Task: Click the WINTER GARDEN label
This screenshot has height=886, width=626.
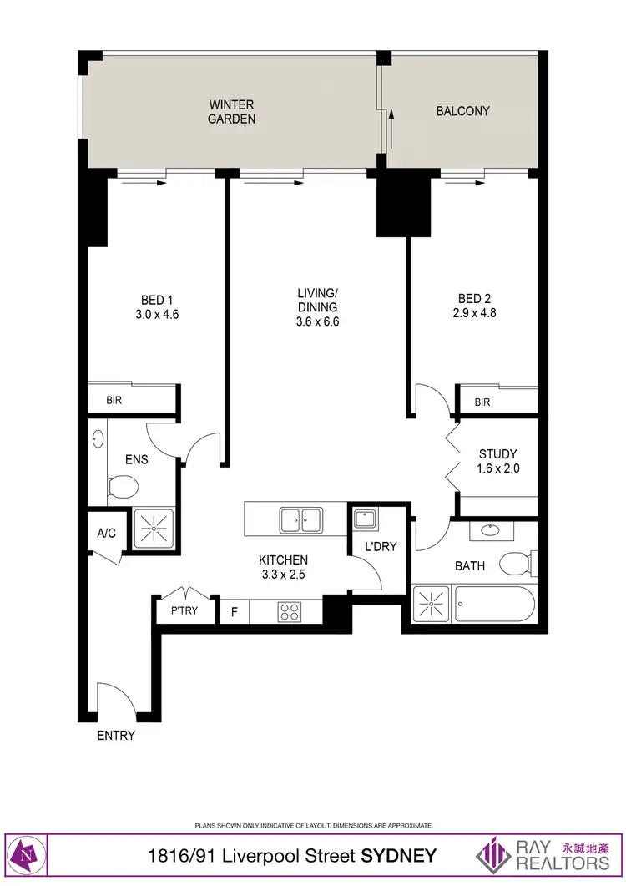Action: pos(231,112)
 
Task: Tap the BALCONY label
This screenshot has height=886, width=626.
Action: pos(462,110)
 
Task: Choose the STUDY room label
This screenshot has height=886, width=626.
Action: pos(498,454)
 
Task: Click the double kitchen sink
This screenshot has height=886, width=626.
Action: pos(301,519)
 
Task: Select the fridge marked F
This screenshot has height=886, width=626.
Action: pos(235,612)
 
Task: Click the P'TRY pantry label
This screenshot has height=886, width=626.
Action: pos(184,610)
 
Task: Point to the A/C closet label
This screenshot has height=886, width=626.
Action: pos(106,534)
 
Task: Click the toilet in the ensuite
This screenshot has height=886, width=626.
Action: pos(123,486)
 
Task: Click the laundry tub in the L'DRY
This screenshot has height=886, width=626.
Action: pos(364,519)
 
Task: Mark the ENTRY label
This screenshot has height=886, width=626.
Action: pos(116,736)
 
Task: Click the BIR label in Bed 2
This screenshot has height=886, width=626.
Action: pos(482,402)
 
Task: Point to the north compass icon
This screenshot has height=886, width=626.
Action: pos(28,856)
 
